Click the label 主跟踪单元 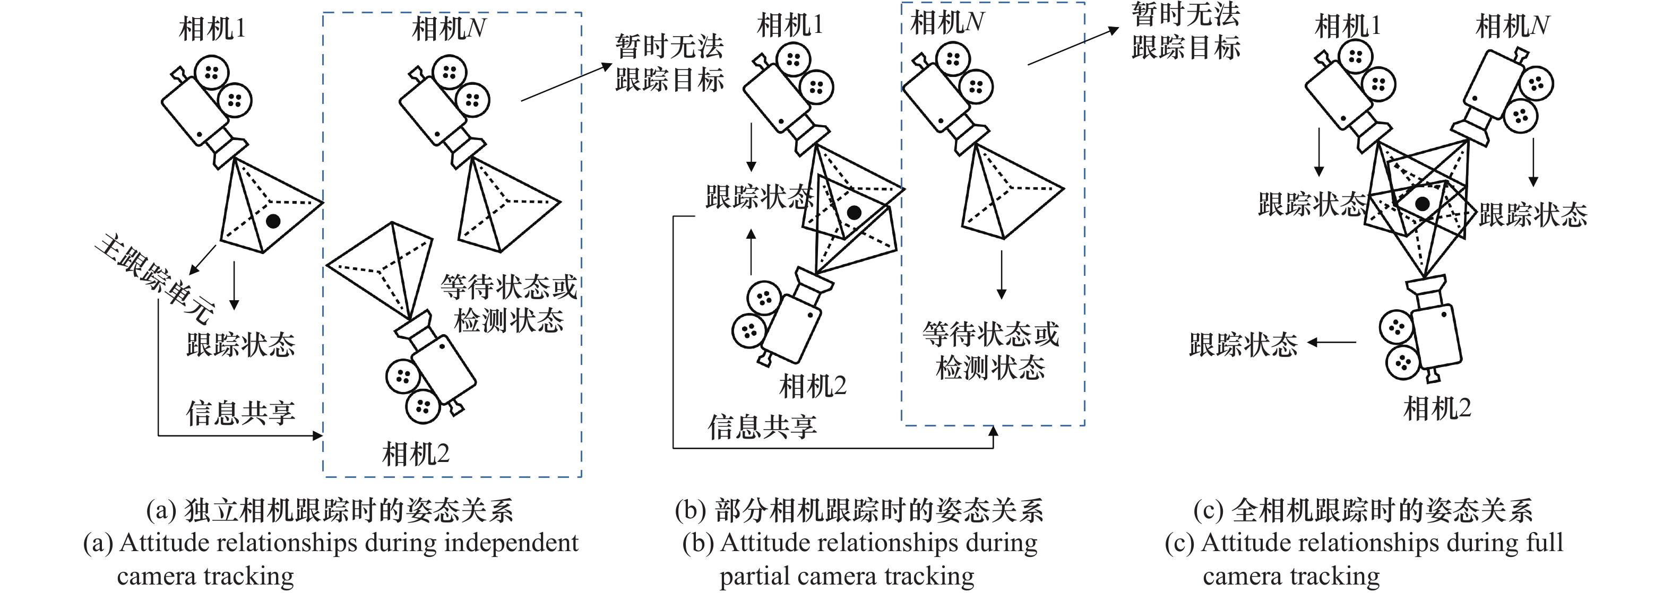click(x=154, y=279)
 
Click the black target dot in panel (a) click(x=273, y=221)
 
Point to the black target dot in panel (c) click(x=1422, y=204)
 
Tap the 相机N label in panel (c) click(x=1512, y=27)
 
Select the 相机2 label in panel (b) click(x=813, y=387)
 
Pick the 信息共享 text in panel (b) click(x=762, y=427)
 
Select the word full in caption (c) click(x=1545, y=543)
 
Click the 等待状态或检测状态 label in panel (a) click(x=509, y=303)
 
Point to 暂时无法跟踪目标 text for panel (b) click(x=1186, y=31)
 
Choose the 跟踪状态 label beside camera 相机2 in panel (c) click(x=1244, y=345)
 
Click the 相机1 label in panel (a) click(x=212, y=29)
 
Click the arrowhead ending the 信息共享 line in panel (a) click(x=318, y=435)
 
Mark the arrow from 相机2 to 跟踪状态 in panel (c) click(x=1331, y=342)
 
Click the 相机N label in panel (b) click(x=947, y=23)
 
